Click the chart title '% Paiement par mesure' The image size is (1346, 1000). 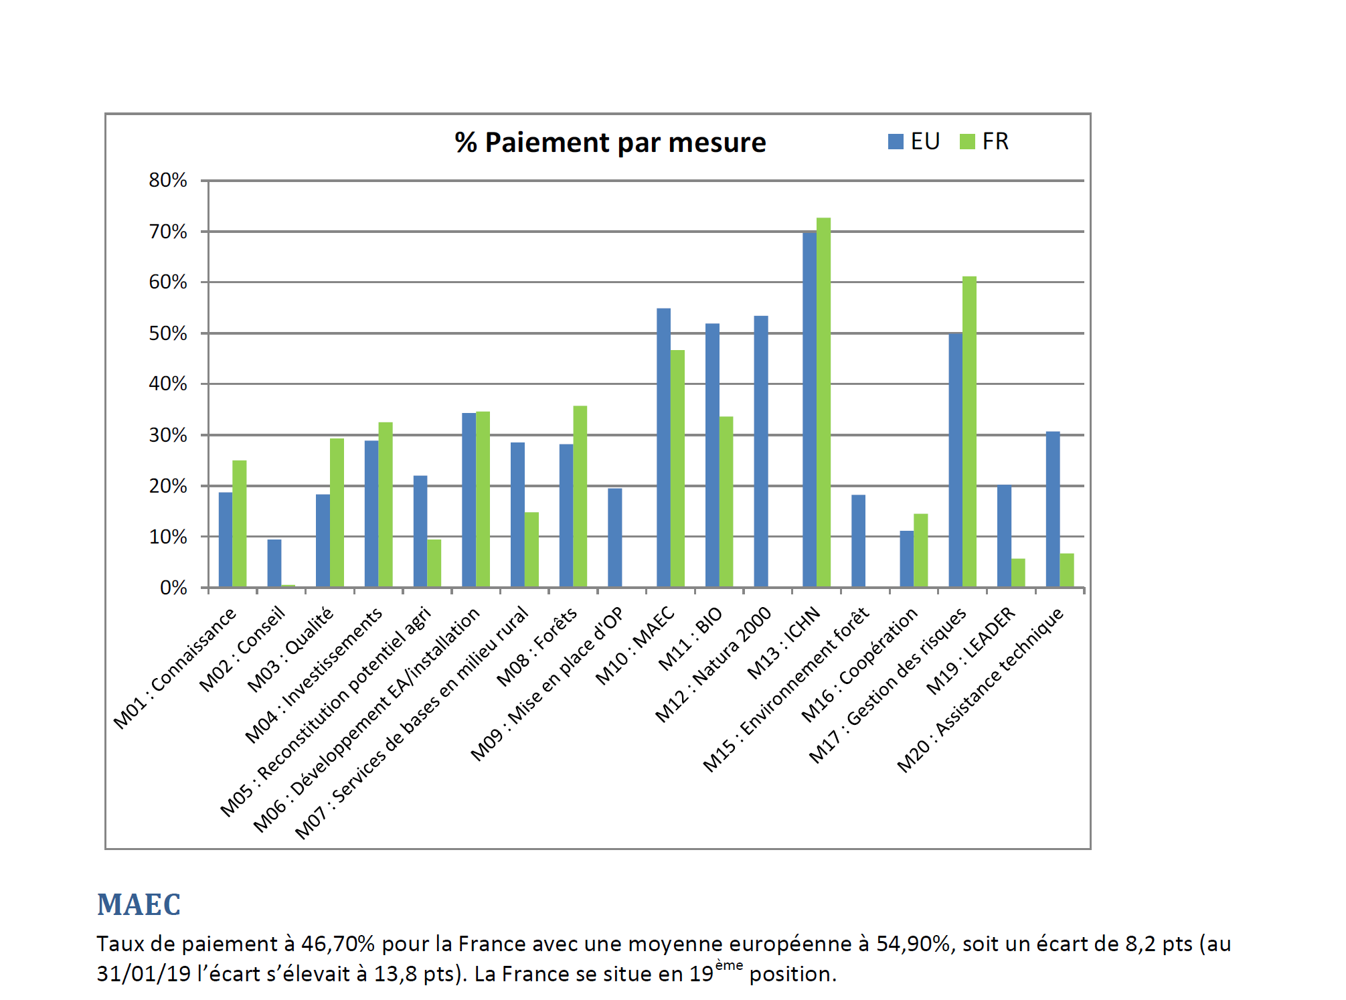click(610, 143)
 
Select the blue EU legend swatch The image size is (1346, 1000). click(895, 142)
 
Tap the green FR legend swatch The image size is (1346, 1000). click(966, 142)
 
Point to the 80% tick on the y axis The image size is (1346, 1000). click(167, 180)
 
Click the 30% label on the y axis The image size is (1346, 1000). click(167, 435)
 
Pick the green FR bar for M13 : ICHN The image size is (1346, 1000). click(823, 402)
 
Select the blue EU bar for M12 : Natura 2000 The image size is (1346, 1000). click(761, 452)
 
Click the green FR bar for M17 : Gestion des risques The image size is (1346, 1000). click(969, 432)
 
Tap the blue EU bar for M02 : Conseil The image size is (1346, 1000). click(274, 564)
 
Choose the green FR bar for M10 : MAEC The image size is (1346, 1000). click(677, 469)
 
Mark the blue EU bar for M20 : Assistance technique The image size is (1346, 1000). click(1053, 509)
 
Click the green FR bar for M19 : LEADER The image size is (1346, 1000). click(1018, 573)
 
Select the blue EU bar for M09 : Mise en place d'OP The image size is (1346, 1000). click(615, 537)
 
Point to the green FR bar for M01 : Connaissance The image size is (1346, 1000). click(240, 523)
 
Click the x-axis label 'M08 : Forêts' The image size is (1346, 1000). click(537, 647)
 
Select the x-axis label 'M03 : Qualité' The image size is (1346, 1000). click(290, 649)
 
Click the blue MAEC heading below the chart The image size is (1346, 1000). click(139, 905)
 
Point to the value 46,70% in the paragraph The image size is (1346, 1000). click(337, 944)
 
